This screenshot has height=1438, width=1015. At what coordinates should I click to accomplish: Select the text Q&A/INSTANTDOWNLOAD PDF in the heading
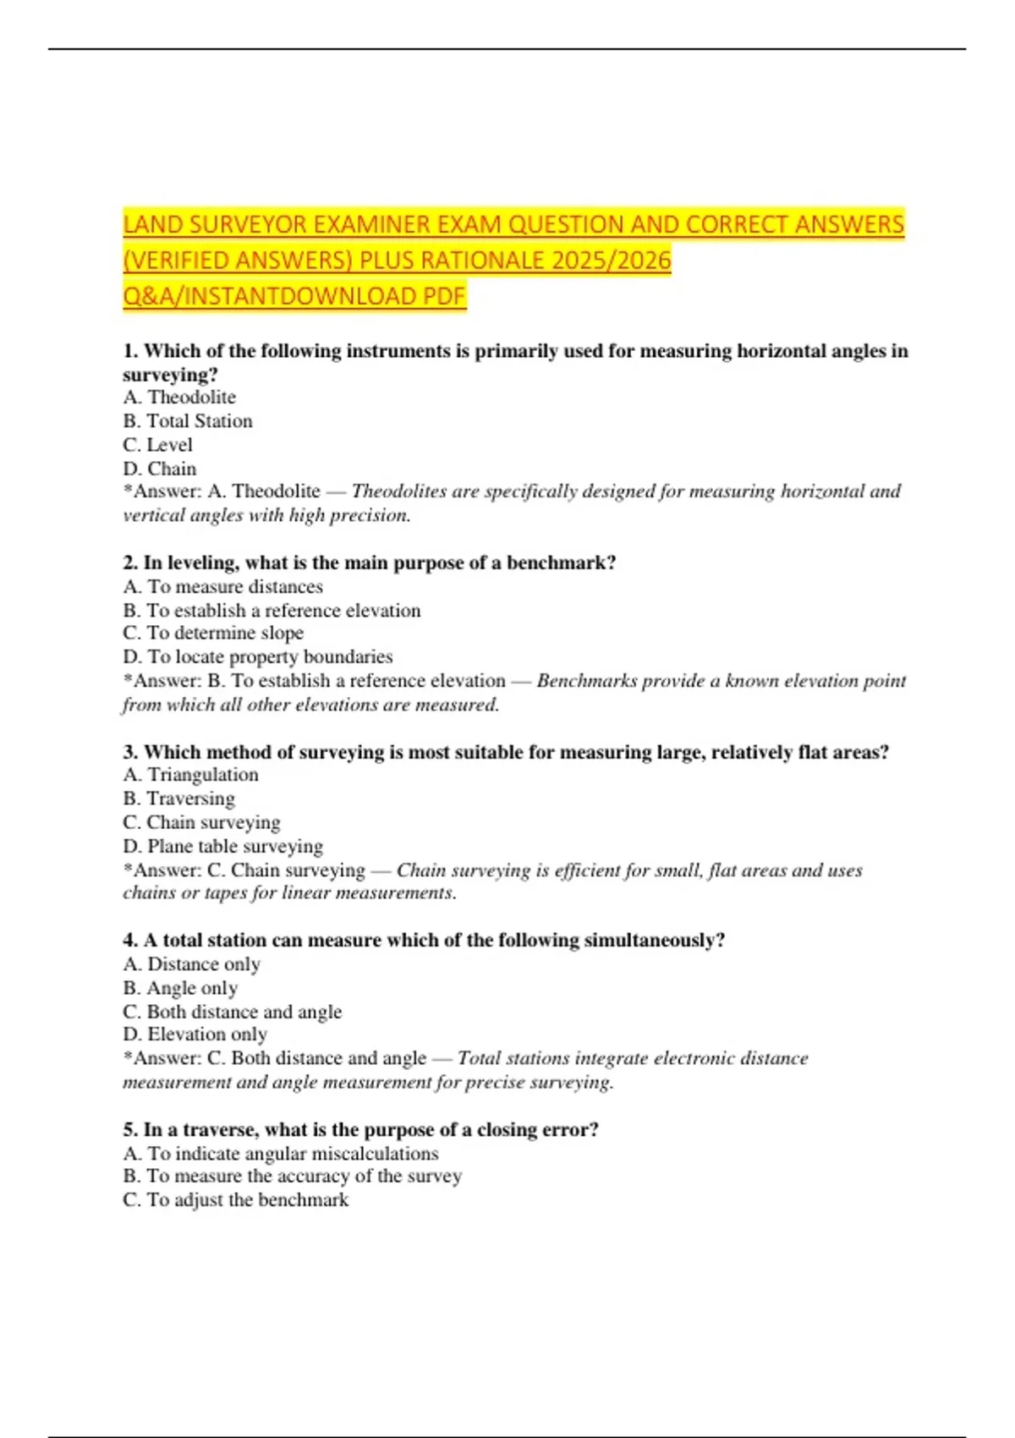click(x=294, y=296)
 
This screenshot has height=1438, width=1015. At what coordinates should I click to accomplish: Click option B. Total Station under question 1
click(x=188, y=421)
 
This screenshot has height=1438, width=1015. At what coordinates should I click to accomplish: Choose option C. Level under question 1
click(x=158, y=445)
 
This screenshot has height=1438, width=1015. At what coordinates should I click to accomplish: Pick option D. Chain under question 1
click(x=160, y=469)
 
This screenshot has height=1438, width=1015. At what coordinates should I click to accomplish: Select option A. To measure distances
click(x=222, y=587)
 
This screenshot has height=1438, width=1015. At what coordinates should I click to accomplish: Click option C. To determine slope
click(x=213, y=634)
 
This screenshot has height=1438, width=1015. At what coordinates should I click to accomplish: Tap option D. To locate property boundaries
click(x=258, y=657)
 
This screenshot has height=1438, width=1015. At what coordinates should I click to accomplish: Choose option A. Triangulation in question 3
click(x=191, y=775)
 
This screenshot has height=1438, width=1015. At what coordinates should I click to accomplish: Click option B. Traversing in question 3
click(x=179, y=799)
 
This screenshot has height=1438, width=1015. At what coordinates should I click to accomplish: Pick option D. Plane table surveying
click(x=223, y=847)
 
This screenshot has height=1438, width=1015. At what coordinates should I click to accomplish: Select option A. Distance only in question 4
click(x=192, y=964)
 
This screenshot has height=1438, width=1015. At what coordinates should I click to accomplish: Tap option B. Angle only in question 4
click(x=180, y=988)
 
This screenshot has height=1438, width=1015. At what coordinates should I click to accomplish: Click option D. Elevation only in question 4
click(x=195, y=1035)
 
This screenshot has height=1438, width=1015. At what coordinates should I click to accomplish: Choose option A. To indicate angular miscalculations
click(x=281, y=1154)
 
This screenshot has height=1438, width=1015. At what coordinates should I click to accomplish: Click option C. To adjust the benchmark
click(x=236, y=1200)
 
